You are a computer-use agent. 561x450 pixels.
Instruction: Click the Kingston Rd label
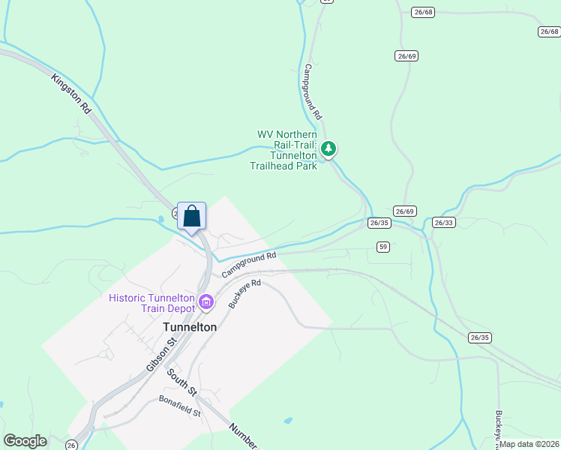71,93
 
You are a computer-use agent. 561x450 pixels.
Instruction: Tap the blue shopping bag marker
191,216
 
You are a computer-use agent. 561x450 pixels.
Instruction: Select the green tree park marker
328,148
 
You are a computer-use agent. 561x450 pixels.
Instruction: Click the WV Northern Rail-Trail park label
287,150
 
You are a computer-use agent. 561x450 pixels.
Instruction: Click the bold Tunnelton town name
190,327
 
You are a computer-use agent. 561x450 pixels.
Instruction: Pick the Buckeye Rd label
244,294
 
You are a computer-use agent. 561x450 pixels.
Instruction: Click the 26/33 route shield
443,223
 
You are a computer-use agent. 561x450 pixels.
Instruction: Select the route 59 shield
383,246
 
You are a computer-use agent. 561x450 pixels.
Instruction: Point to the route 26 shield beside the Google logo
72,445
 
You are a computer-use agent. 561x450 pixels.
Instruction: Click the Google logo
25,441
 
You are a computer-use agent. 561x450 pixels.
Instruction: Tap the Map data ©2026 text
529,444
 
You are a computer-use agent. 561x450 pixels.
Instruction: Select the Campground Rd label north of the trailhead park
312,91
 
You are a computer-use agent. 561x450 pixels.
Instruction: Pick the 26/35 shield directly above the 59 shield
379,223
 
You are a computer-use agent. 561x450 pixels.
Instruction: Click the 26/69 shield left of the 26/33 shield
404,211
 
